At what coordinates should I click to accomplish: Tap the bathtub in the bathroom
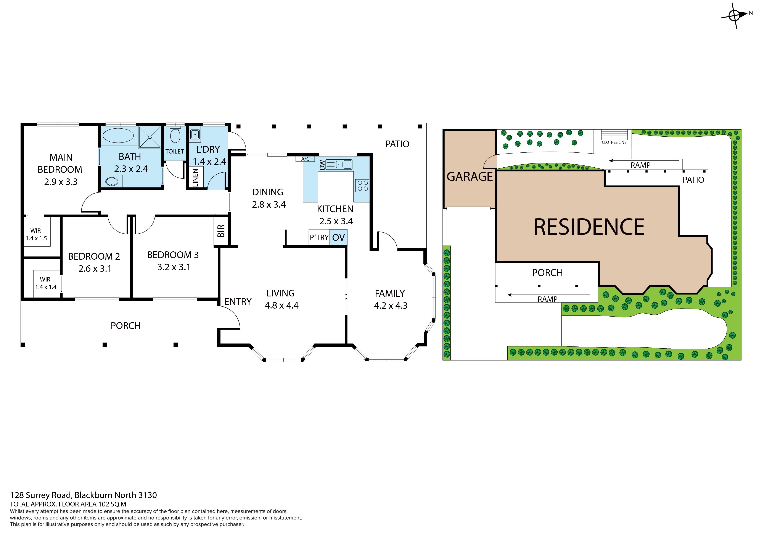point(118,136)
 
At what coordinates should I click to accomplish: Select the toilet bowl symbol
point(175,136)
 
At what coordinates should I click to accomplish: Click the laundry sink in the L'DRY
point(195,134)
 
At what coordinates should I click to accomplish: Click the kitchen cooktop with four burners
point(362,186)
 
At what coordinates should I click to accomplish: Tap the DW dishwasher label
point(322,165)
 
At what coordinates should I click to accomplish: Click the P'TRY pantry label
point(319,238)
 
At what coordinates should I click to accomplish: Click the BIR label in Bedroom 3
point(221,231)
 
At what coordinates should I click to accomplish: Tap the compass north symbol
point(735,15)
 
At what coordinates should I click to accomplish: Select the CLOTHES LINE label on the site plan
point(614,143)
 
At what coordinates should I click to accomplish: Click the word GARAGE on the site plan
point(470,177)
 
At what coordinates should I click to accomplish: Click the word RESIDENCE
point(589,227)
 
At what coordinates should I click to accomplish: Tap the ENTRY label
point(238,302)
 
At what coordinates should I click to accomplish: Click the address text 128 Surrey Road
point(41,495)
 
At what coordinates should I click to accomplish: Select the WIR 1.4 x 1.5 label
point(36,234)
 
